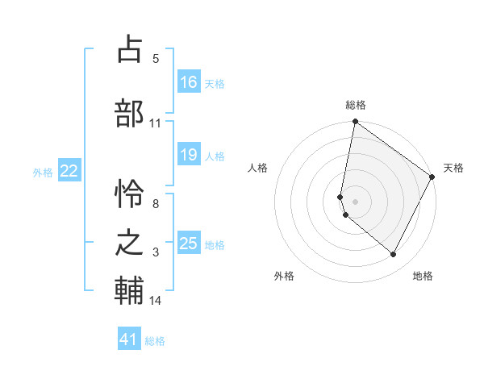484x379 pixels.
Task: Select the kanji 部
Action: [129, 112]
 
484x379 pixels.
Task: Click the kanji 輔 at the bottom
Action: [129, 291]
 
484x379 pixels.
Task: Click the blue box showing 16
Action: [188, 82]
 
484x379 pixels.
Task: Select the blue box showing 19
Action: [188, 155]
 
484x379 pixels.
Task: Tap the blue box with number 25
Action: [188, 244]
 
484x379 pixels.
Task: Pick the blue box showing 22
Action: [69, 171]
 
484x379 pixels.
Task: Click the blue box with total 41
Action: [129, 339]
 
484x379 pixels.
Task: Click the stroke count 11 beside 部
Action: [155, 123]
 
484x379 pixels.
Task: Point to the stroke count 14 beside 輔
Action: [155, 301]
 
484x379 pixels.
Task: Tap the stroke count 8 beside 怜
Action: [155, 204]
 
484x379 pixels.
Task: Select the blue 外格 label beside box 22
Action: [43, 172]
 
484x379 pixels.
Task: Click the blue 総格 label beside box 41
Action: [155, 340]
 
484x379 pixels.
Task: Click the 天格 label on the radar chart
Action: [453, 168]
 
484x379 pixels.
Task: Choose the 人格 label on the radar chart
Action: [257, 168]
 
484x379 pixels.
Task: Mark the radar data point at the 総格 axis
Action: [355, 123]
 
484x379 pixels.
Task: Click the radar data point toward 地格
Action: [394, 255]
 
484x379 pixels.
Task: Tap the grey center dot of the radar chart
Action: [355, 202]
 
